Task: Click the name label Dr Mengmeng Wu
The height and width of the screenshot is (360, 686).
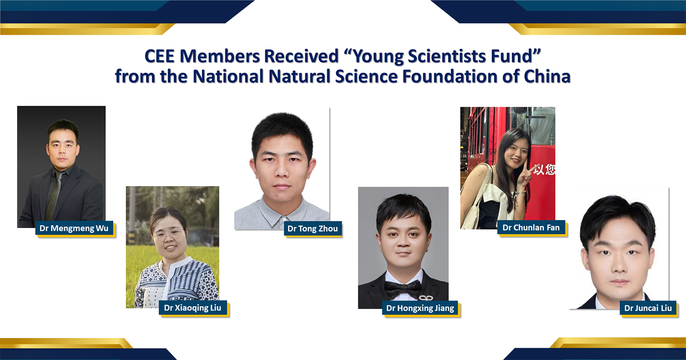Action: pyautogui.click(x=74, y=229)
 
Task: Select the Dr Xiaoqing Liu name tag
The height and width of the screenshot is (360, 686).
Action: pyautogui.click(x=193, y=308)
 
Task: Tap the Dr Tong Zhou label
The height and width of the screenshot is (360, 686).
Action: pyautogui.click(x=312, y=229)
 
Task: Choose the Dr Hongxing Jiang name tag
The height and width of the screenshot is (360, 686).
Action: pyautogui.click(x=420, y=308)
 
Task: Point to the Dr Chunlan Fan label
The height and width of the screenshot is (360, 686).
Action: pyautogui.click(x=531, y=228)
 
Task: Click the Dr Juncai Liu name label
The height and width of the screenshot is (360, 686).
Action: pyautogui.click(x=648, y=308)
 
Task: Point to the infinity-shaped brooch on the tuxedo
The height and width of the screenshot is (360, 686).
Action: pyautogui.click(x=425, y=297)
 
